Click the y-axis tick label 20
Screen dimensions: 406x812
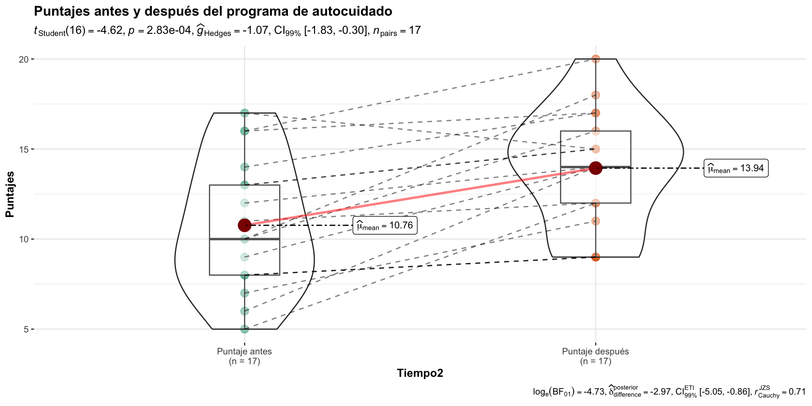[24, 59]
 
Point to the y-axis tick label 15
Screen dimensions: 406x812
[24, 149]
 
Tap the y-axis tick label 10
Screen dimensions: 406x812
[24, 239]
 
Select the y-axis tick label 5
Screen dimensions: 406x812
[26, 329]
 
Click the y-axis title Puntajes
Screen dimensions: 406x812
[10, 194]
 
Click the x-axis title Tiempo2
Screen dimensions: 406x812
[420, 373]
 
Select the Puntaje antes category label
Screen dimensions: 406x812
[244, 351]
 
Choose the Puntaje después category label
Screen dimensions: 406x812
[595, 351]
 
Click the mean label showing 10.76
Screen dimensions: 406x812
[385, 225]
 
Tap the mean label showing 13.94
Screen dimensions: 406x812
[736, 168]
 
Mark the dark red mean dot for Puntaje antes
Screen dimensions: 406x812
[244, 225]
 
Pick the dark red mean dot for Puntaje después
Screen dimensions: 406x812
[595, 168]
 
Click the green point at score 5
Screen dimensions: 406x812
[244, 329]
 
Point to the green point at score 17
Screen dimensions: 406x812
[244, 113]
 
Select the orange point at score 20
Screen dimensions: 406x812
[595, 59]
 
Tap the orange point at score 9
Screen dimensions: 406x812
[595, 257]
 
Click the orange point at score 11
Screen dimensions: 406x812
[595, 221]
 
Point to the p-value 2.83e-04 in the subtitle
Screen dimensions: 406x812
[169, 31]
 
